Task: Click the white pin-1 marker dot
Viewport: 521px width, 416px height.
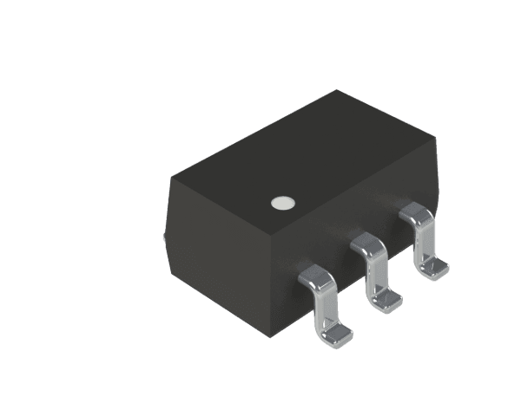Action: (x=280, y=204)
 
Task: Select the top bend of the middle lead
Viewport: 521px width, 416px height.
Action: (x=368, y=245)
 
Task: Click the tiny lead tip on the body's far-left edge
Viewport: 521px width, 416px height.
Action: (x=164, y=235)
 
